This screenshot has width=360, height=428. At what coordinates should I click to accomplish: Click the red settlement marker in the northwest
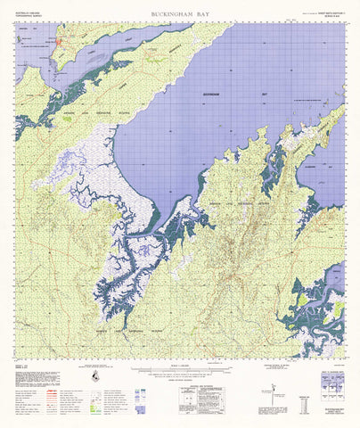tap(59, 41)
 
